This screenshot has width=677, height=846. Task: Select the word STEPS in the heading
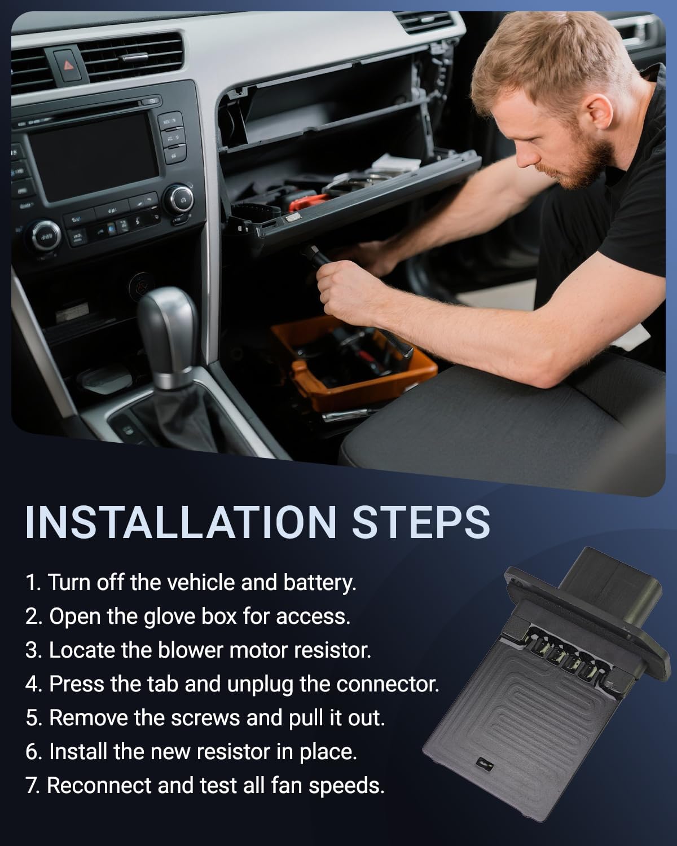[x=421, y=523]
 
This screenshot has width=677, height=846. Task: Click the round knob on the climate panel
[x=46, y=236]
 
